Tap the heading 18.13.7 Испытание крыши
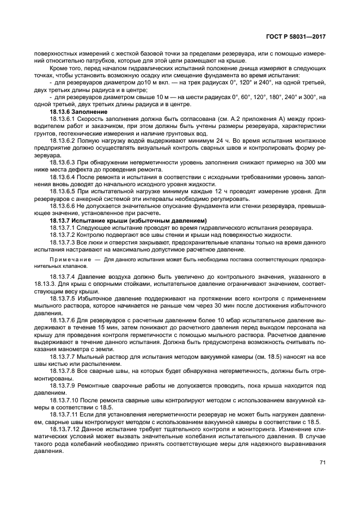pos(106,220)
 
